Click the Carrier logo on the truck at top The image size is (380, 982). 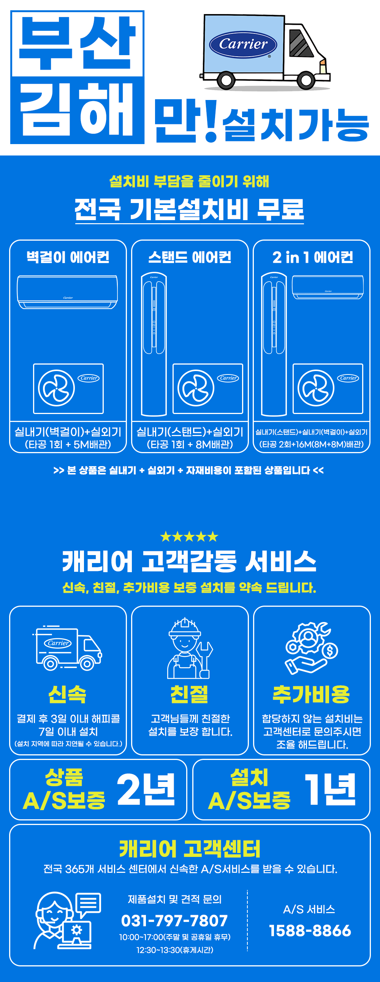[x=243, y=44]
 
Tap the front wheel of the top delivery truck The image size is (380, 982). [x=306, y=80]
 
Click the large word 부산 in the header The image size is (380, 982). [x=78, y=43]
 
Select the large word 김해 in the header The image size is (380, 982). [x=78, y=110]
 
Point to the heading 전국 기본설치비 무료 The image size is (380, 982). [x=189, y=209]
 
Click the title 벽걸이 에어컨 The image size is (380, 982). [x=68, y=257]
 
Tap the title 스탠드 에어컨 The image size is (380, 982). [x=190, y=257]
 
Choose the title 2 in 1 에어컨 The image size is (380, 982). [x=312, y=257]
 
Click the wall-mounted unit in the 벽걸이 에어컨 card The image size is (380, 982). [x=68, y=292]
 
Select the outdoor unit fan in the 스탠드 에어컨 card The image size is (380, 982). [x=196, y=388]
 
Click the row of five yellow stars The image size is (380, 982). [x=189, y=537]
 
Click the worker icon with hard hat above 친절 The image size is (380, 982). [x=190, y=648]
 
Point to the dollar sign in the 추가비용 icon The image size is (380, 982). [x=330, y=650]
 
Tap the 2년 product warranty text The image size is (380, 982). [x=146, y=790]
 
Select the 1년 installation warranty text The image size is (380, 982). [x=330, y=790]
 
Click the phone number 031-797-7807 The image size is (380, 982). [x=174, y=921]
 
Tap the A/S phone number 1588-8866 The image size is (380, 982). [x=310, y=931]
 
